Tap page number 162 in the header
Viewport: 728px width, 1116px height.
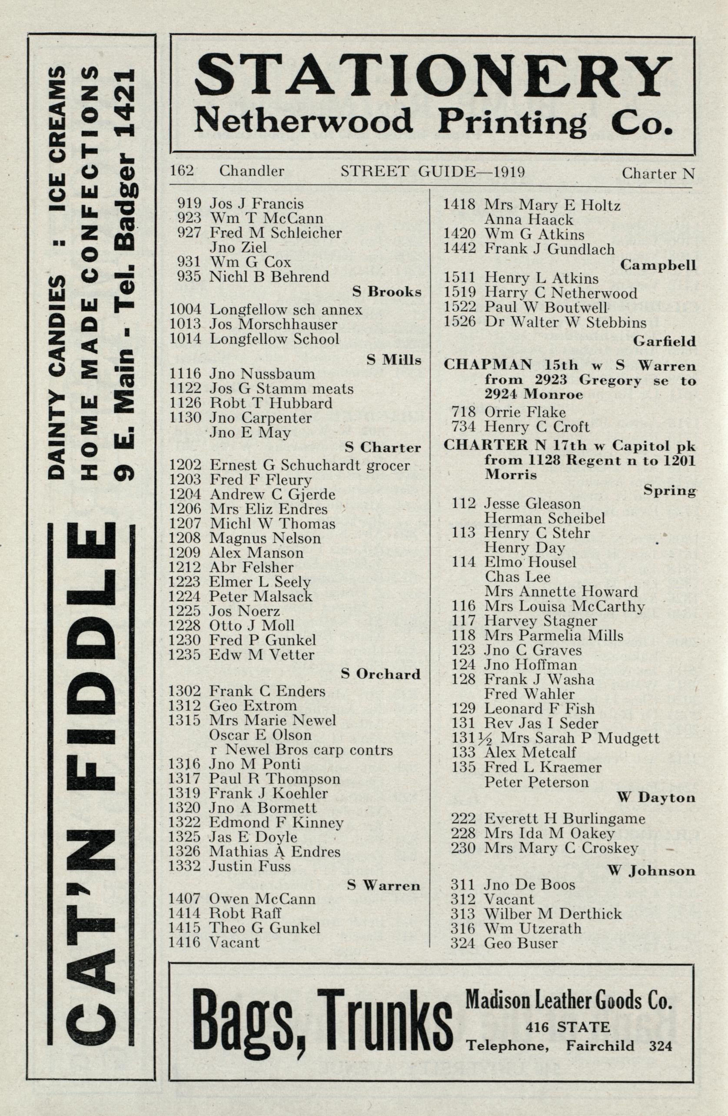coord(182,171)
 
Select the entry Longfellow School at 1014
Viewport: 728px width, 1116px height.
coord(274,339)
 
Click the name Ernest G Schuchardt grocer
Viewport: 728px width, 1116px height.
coord(309,465)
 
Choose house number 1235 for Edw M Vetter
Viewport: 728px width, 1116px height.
coord(185,654)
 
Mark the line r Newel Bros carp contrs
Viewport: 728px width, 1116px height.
coord(301,750)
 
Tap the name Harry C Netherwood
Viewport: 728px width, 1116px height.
coord(561,293)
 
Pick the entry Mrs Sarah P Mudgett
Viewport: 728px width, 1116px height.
coord(580,737)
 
